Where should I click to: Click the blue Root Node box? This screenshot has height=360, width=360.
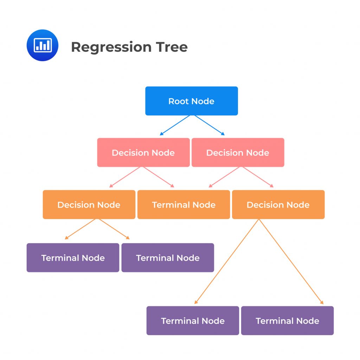click(x=191, y=101)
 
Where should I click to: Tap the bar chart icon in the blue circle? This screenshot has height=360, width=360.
click(x=43, y=45)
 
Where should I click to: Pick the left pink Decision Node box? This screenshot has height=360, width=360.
click(x=143, y=153)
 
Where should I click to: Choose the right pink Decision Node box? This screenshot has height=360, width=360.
click(x=238, y=153)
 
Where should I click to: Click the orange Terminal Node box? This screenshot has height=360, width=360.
click(x=184, y=205)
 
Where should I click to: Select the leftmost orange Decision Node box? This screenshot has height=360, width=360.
click(x=89, y=205)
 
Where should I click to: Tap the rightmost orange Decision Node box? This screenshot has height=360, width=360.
click(x=278, y=205)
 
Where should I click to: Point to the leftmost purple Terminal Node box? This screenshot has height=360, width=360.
click(x=73, y=258)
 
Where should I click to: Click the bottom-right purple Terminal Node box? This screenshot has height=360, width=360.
click(x=287, y=321)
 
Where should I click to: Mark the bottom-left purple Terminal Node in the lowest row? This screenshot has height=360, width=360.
click(x=193, y=321)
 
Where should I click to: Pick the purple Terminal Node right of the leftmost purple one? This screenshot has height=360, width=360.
click(x=168, y=258)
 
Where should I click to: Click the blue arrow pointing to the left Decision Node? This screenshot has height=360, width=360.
click(x=175, y=125)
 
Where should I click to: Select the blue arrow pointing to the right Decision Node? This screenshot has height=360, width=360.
click(x=208, y=125)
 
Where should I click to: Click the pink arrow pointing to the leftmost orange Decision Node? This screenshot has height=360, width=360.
click(x=126, y=177)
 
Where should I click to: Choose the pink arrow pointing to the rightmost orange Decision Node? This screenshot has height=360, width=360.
click(x=258, y=177)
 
